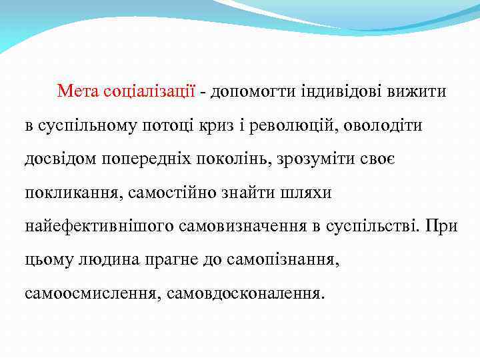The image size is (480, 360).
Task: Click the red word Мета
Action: [x=78, y=91]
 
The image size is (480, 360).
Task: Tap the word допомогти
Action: [x=246, y=91]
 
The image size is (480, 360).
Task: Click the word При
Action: [x=443, y=227]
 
